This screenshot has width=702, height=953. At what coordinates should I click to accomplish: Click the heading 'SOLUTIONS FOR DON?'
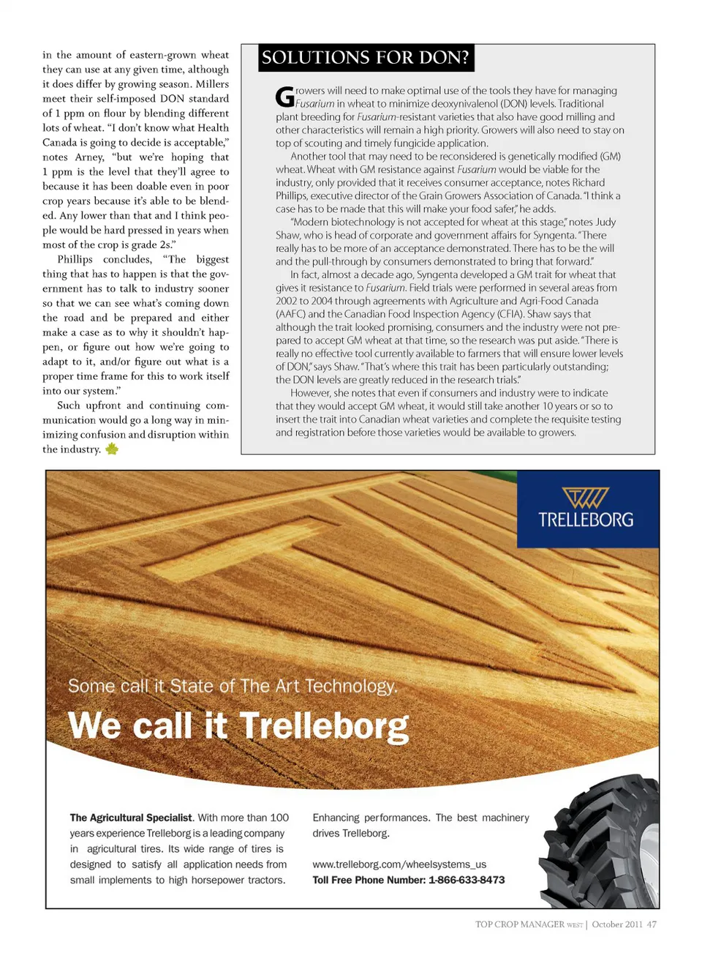coord(366,58)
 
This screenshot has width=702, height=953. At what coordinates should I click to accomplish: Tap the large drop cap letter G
coord(284,97)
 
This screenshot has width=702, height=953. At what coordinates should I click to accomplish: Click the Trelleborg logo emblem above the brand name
coord(586,498)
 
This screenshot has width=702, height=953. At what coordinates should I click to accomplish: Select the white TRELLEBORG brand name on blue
coord(586,520)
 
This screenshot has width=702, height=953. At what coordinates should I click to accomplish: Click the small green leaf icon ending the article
coord(112,449)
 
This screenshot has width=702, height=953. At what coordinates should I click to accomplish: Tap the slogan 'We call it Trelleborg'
coord(238,726)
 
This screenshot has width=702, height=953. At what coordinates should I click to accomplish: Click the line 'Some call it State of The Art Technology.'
coord(233,686)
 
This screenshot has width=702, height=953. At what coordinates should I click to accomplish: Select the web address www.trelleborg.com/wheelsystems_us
coord(399,864)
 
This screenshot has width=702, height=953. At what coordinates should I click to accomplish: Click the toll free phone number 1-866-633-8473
coord(467,880)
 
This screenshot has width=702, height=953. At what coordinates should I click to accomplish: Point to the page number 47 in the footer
coord(652,924)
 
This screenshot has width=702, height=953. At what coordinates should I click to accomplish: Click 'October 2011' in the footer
coord(616,924)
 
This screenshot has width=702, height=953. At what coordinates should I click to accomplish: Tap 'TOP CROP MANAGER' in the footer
coord(520,924)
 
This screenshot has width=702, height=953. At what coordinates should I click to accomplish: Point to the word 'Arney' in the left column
coord(89,157)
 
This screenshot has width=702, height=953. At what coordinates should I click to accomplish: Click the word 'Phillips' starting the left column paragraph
coord(75,260)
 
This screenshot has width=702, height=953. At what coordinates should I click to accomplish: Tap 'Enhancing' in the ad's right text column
coord(336,818)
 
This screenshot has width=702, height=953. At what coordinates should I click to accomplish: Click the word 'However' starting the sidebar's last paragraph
coord(310,393)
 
